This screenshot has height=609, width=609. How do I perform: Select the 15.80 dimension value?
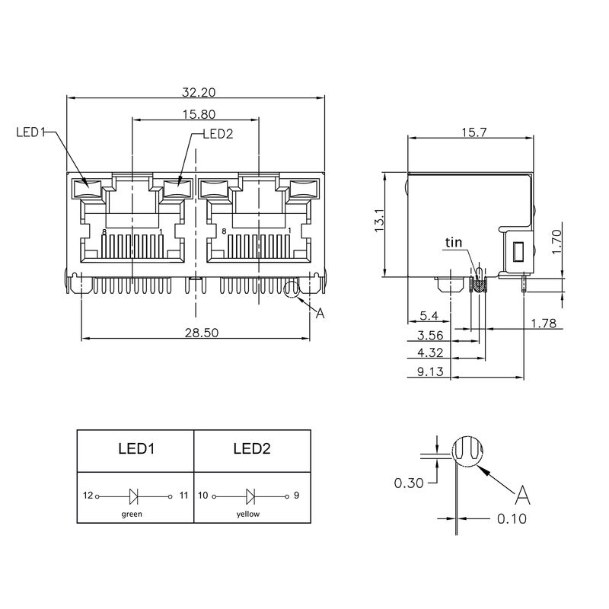click(x=197, y=113)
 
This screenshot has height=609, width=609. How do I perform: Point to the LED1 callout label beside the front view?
click(x=30, y=132)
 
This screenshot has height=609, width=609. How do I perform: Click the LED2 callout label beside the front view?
click(x=217, y=134)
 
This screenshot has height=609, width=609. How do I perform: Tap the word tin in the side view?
click(x=454, y=243)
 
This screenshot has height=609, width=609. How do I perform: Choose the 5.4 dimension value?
click(x=429, y=315)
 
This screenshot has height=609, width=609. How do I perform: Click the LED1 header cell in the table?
click(x=136, y=449)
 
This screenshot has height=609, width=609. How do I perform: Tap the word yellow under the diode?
click(x=248, y=514)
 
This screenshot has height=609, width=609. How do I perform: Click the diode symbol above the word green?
click(x=134, y=496)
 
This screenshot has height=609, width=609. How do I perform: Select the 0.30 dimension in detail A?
click(x=409, y=482)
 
